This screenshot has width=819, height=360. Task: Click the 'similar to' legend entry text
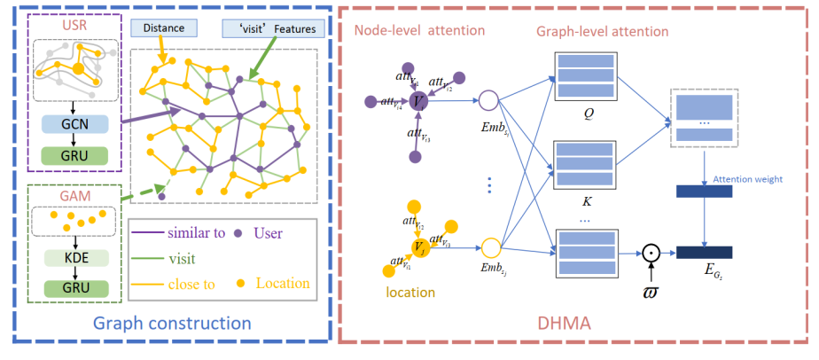[196, 236]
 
